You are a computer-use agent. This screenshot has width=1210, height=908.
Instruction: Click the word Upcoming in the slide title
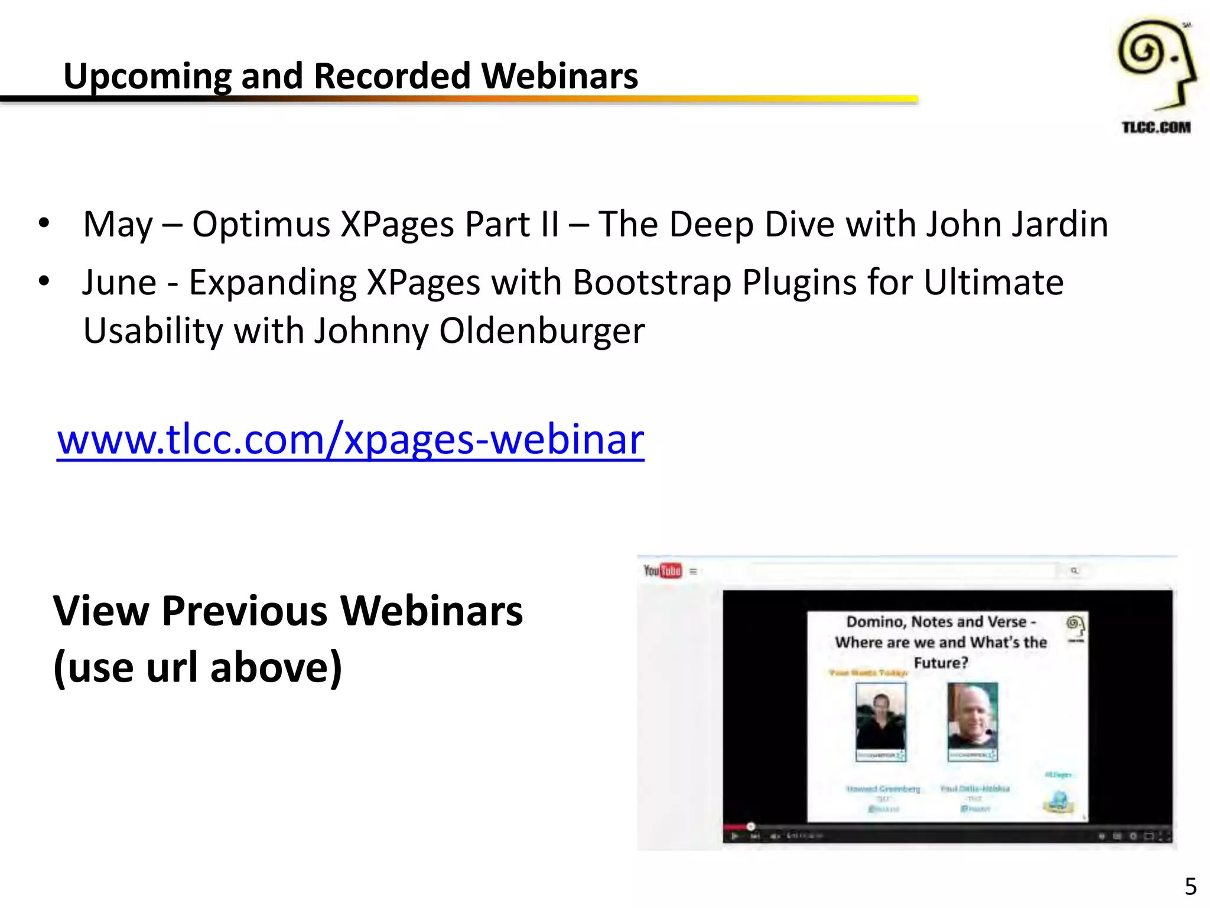(x=147, y=77)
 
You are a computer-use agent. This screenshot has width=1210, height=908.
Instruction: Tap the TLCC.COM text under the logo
(x=1156, y=128)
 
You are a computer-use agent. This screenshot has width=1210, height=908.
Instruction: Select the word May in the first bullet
(x=118, y=225)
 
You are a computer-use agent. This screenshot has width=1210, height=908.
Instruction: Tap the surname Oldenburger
(x=542, y=330)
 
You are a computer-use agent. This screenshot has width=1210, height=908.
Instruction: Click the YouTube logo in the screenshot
(x=662, y=570)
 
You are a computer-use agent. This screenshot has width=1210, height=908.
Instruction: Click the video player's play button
(x=734, y=836)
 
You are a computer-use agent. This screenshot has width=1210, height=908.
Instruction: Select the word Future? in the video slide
(x=941, y=663)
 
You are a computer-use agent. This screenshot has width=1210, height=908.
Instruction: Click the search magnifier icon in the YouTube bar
(x=1074, y=570)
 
